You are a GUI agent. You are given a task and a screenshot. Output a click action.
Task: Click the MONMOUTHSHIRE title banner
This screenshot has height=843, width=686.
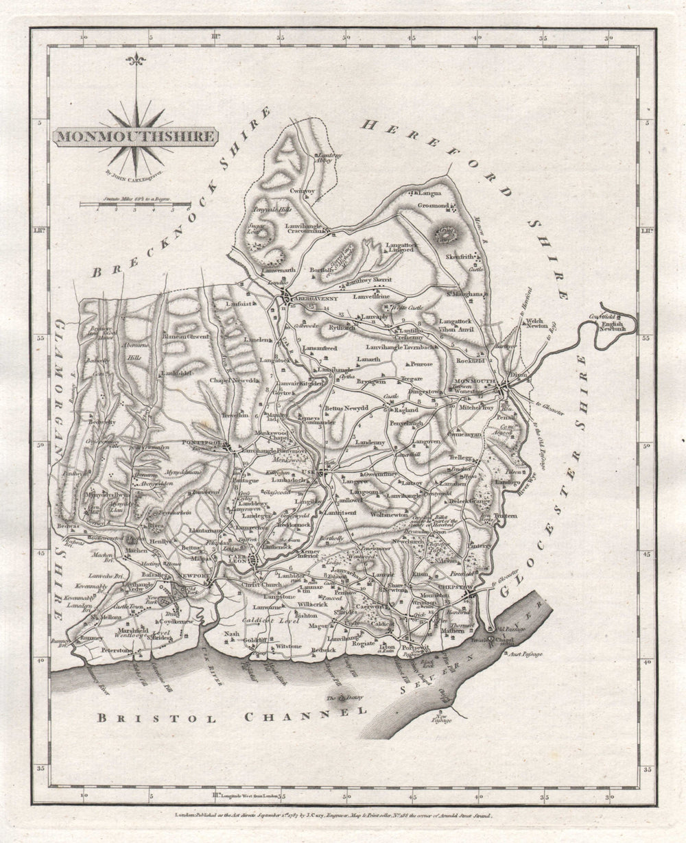point(134,136)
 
